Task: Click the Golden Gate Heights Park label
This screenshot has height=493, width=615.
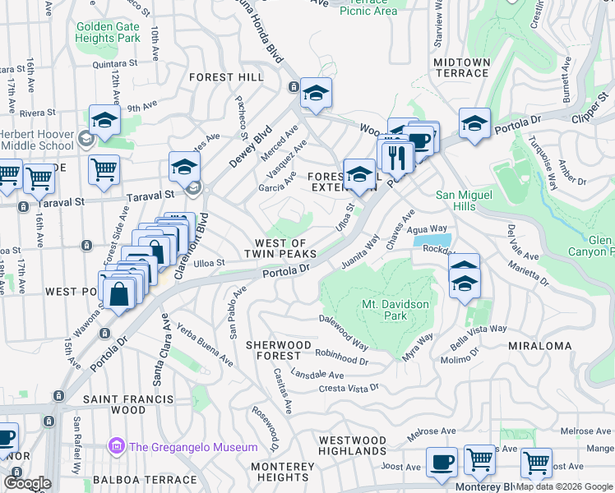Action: pyautogui.click(x=108, y=32)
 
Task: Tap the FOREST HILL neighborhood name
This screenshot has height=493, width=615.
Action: pyautogui.click(x=226, y=77)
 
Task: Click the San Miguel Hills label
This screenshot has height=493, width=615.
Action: pyautogui.click(x=466, y=200)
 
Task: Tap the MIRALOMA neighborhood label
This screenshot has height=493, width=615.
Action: pyautogui.click(x=539, y=346)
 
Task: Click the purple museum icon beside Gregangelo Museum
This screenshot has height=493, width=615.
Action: pyautogui.click(x=116, y=447)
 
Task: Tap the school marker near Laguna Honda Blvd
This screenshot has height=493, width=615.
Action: pyautogui.click(x=315, y=94)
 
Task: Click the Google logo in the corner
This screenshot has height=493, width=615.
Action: pyautogui.click(x=27, y=483)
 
